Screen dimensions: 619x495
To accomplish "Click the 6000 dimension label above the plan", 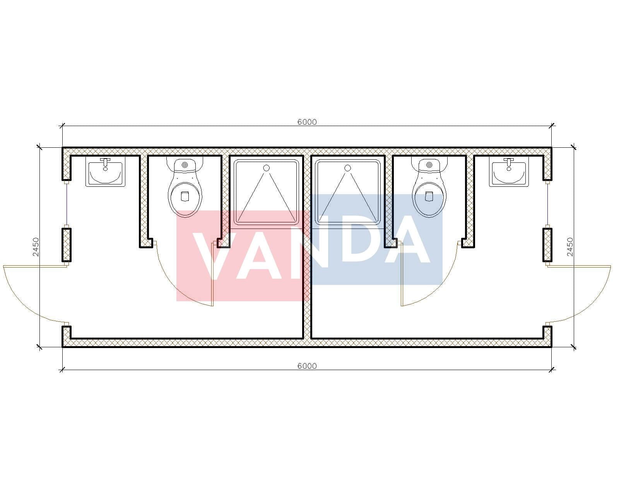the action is tap(307, 122).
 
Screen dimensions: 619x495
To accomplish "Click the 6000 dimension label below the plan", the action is tap(307, 366).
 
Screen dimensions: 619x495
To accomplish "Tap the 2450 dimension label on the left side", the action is tap(36, 247).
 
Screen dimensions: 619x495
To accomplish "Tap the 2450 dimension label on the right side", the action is tap(570, 247).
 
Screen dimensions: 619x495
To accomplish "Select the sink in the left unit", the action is tap(105, 172).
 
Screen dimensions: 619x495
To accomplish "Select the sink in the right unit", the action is tap(509, 172).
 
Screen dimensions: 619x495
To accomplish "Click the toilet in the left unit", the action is tap(185, 187).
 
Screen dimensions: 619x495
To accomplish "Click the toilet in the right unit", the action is tap(429, 187).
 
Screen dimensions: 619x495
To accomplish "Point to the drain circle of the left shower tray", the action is tap(266, 168).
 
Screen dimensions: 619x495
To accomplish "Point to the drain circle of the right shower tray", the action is tap(347, 168).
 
